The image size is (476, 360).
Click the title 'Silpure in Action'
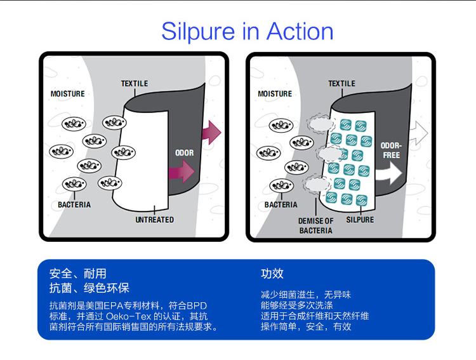[247, 32]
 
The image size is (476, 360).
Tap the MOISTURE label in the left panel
[68, 94]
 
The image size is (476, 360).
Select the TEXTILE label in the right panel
[341, 84]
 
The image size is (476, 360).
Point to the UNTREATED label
[154, 220]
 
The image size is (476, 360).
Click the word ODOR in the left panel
[184, 153]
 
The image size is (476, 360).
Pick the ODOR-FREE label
[392, 150]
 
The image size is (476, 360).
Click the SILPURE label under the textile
[360, 220]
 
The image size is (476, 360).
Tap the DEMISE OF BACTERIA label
[315, 226]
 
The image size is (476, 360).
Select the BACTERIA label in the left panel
[74, 204]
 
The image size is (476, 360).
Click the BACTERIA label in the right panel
[281, 204]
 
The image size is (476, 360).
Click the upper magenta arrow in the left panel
[211, 133]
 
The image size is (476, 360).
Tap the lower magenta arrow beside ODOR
[182, 171]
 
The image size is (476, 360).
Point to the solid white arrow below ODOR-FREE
[389, 173]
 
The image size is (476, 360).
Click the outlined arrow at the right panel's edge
[419, 133]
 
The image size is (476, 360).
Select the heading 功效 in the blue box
[272, 274]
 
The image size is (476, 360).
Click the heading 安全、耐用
[77, 274]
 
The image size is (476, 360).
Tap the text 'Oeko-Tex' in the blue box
[128, 316]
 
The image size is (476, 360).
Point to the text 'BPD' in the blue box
[196, 305]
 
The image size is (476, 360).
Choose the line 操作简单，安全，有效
[306, 326]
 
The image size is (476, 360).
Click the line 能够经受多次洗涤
[297, 305]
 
